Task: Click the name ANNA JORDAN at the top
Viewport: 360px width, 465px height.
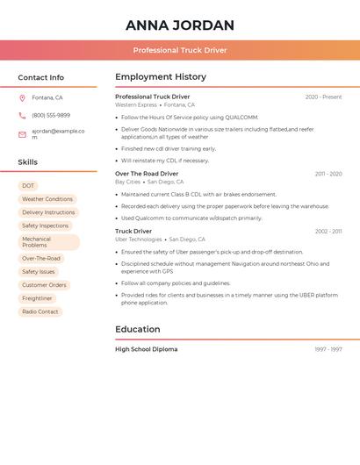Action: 180,25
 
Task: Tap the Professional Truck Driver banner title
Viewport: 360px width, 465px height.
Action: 180,50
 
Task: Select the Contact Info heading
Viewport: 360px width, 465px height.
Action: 40,77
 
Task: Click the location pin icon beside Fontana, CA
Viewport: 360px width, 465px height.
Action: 22,98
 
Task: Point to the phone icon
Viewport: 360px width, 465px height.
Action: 22,115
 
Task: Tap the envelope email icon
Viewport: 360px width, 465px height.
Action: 22,134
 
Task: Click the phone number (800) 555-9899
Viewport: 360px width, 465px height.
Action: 51,115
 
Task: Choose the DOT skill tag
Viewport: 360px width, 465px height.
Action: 28,186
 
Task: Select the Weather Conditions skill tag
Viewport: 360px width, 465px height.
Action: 47,199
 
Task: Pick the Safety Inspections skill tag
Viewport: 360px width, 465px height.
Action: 45,225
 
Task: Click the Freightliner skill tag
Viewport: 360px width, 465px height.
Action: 37,298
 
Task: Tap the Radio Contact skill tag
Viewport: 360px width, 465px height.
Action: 40,311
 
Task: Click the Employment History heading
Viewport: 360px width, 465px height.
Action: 161,77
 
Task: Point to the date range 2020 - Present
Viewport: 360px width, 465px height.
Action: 323,97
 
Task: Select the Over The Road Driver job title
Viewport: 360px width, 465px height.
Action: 147,174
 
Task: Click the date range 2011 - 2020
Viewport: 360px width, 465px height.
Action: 328,175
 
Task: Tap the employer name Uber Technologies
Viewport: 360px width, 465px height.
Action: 138,240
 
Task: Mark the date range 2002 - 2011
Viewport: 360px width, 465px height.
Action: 328,232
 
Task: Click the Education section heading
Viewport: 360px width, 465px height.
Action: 138,330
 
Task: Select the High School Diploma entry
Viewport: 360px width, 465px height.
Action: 146,349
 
